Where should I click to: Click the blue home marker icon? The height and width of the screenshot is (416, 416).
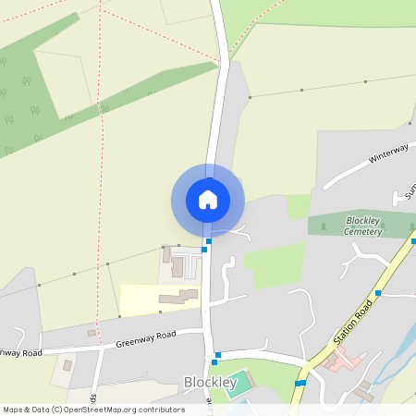tap(208, 200)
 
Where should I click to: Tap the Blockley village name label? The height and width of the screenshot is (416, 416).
tap(217, 382)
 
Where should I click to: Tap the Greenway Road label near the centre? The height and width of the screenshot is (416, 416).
tap(146, 339)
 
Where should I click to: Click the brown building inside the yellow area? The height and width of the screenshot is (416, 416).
tap(178, 298)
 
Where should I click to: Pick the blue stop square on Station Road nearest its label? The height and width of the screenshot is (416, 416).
tap(378, 293)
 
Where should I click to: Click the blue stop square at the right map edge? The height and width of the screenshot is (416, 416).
tap(412, 242)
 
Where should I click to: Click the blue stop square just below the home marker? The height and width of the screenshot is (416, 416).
tap(209, 241)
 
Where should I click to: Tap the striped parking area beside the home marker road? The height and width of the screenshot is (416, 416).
tap(192, 268)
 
